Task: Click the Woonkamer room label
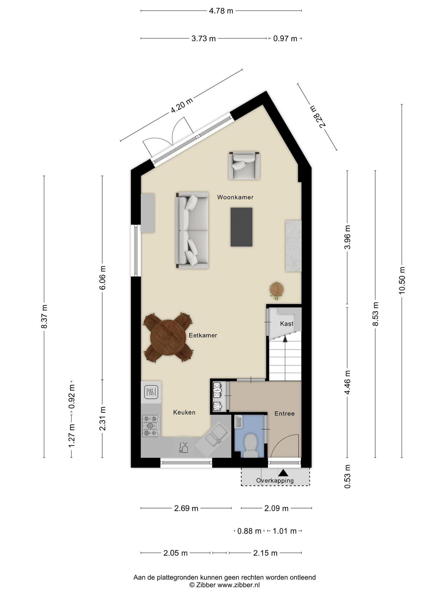(x=235, y=197)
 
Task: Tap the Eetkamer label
(x=203, y=335)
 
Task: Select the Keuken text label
(x=184, y=412)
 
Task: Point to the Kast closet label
(x=287, y=324)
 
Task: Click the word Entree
(x=284, y=413)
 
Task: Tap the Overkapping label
(x=275, y=481)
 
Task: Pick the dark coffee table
(x=241, y=227)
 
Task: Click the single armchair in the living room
(x=244, y=165)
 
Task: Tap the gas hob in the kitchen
(x=151, y=426)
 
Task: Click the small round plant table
(x=276, y=289)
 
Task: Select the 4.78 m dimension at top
(x=221, y=11)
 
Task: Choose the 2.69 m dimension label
(x=186, y=508)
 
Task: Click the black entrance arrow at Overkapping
(x=283, y=473)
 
